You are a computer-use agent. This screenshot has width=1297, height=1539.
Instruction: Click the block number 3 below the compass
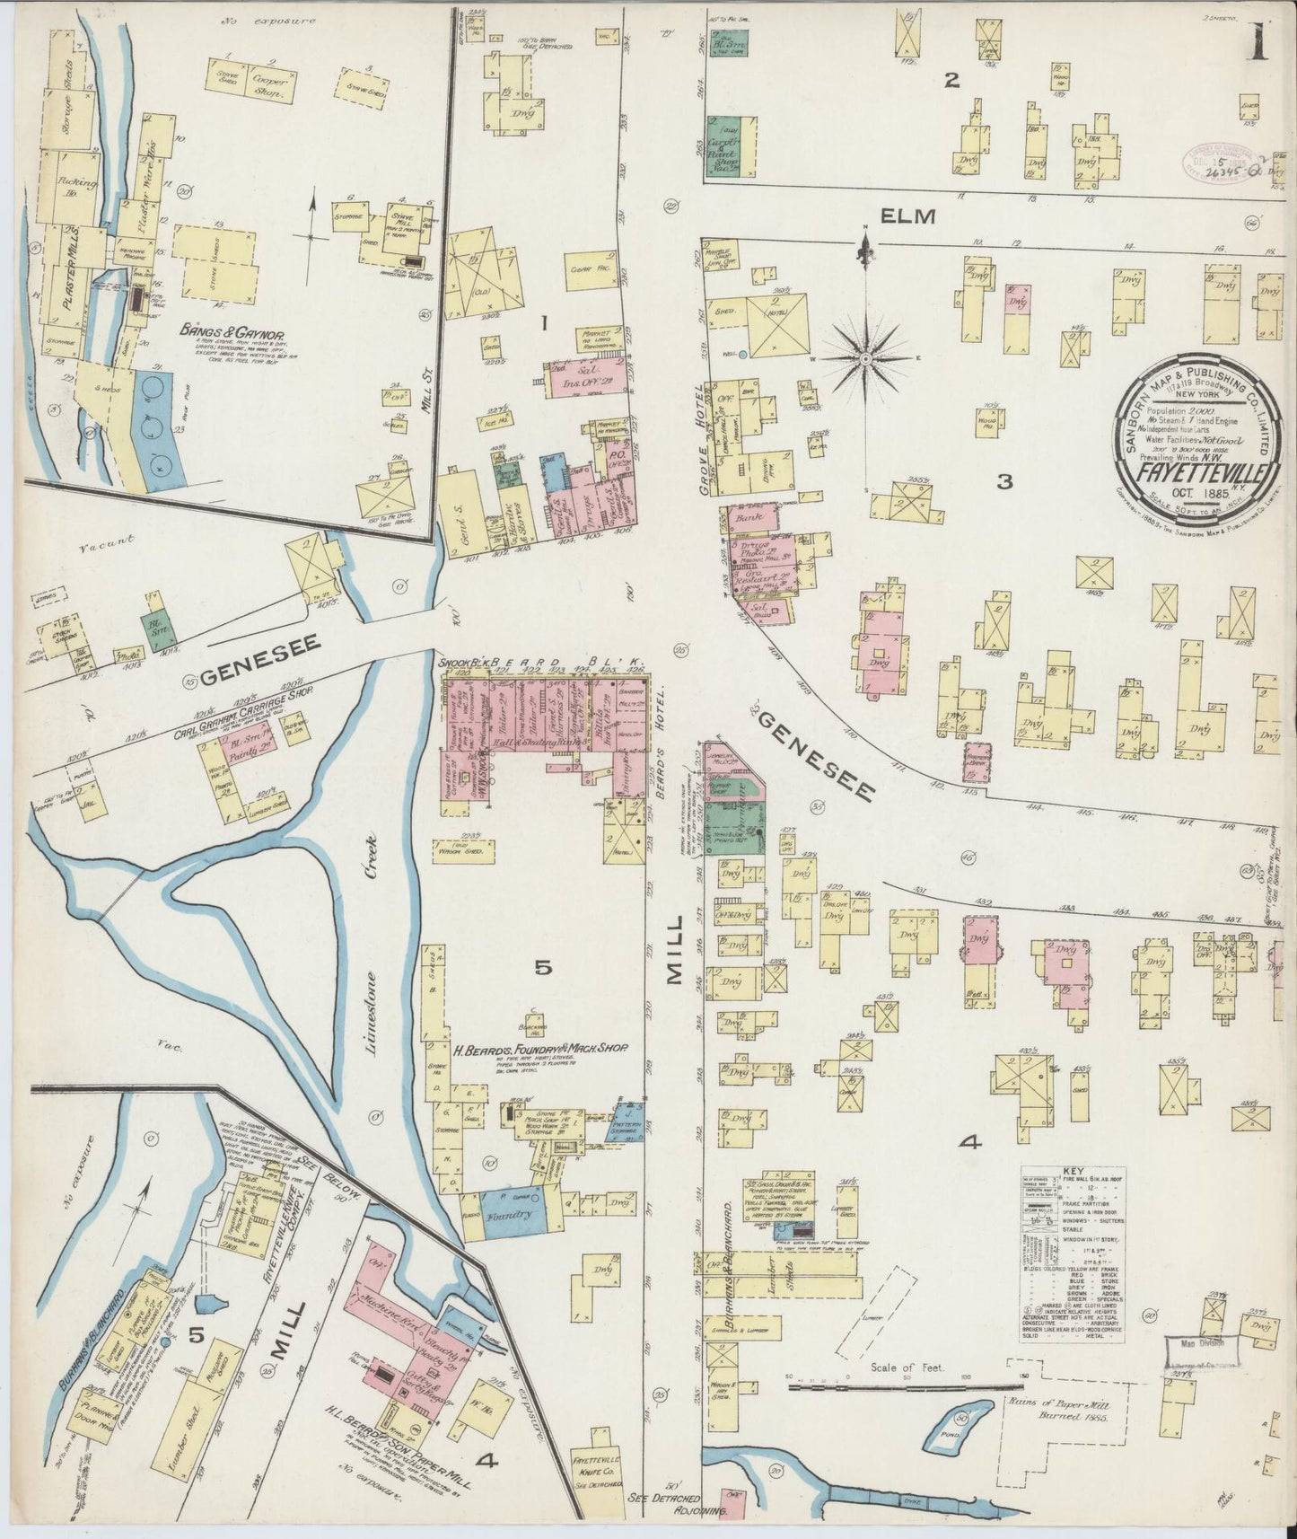coord(1005,482)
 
